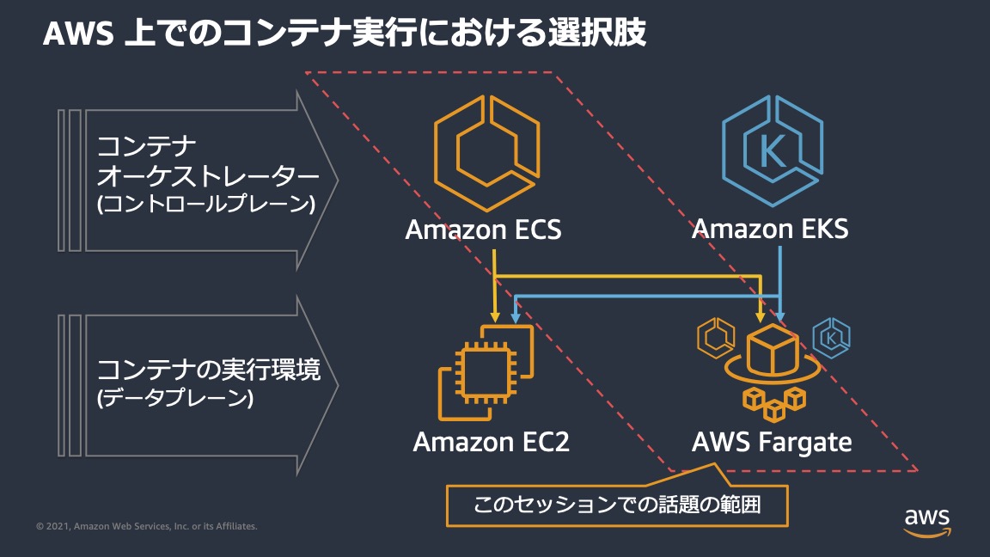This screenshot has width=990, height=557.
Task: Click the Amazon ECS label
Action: [483, 230]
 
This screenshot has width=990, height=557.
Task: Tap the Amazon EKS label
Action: [769, 230]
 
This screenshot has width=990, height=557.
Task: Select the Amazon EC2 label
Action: [491, 442]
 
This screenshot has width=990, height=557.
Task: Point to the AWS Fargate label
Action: [772, 442]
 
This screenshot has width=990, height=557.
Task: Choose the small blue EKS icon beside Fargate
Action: [831, 338]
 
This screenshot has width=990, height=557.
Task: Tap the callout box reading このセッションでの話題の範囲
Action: [617, 505]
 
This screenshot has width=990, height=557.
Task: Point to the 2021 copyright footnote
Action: [147, 526]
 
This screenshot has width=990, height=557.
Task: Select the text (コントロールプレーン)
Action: [205, 206]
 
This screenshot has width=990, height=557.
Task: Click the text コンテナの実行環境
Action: [209, 370]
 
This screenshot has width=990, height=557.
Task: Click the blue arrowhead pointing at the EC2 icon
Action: [515, 318]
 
